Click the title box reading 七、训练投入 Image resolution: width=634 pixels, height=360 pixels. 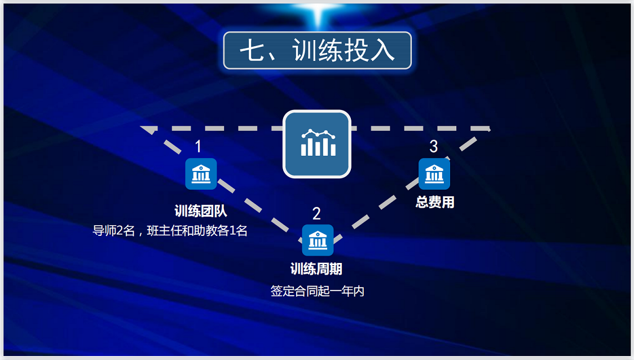(317, 51)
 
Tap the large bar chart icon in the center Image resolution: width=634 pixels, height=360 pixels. (317, 144)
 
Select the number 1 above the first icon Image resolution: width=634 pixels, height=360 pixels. (198, 147)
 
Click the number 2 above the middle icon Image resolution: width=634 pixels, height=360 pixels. (316, 213)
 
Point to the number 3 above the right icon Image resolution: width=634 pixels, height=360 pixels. (433, 147)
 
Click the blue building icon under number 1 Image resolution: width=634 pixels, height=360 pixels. (201, 174)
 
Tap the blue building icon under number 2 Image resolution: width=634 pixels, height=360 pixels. (318, 240)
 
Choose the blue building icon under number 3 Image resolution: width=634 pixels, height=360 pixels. (434, 173)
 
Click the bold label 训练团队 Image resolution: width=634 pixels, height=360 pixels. (201, 212)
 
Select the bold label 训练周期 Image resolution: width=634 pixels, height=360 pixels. (316, 269)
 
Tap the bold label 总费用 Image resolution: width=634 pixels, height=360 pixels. (435, 202)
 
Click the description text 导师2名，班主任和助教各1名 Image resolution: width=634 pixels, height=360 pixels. (170, 231)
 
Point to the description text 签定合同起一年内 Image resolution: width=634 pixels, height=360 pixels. (317, 291)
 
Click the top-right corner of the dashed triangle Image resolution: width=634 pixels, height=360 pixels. (488, 129)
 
